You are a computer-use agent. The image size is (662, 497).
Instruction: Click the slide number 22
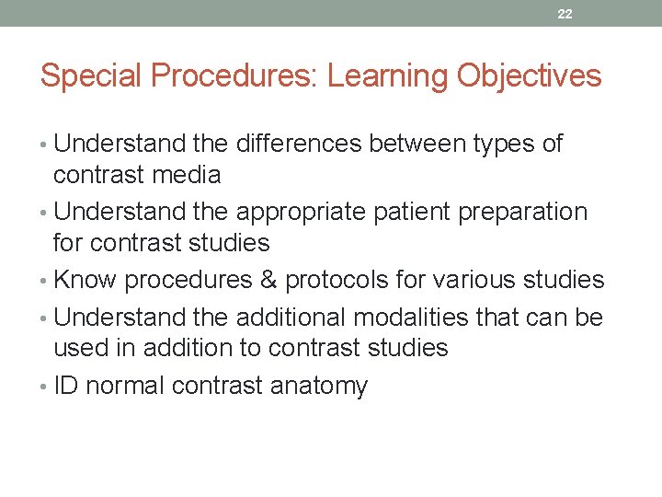[565, 14]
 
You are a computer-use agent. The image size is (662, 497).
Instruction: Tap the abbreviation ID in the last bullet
[65, 386]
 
